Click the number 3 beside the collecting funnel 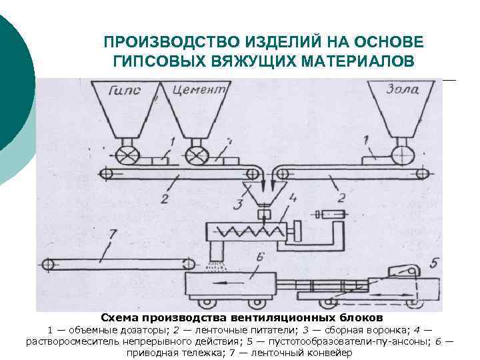pos(239,203)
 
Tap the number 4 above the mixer pos(293,198)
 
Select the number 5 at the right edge pos(434,263)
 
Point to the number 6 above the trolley pos(261,257)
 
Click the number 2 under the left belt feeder pos(164,197)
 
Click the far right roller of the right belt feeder pos(421,173)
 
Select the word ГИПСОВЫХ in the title pos(151,61)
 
